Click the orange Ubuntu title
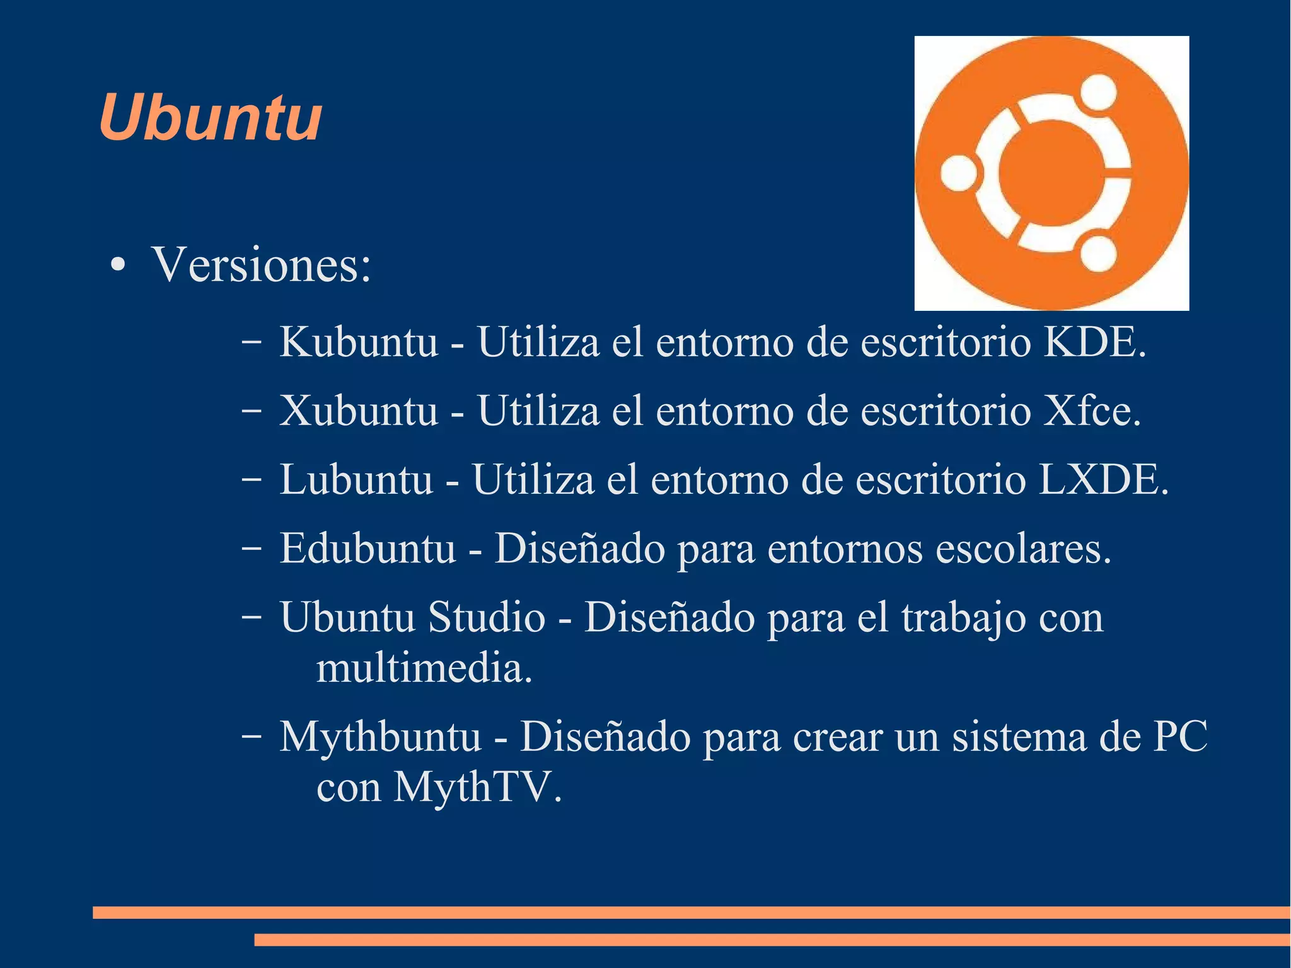point(211,118)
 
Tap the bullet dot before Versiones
point(117,265)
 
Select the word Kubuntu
point(358,342)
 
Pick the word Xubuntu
point(358,411)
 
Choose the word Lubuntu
point(356,480)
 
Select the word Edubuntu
point(368,549)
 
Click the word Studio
point(487,617)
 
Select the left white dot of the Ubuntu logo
point(959,173)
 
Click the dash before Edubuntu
point(251,550)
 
